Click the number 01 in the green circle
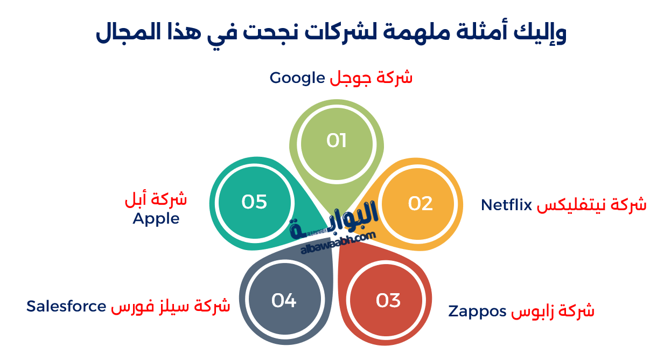point(336,141)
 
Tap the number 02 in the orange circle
point(421,203)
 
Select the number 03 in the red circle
point(388,300)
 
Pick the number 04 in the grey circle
point(284,300)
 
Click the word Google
point(296,78)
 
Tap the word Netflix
point(506,205)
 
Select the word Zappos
point(477,311)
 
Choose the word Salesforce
point(66,306)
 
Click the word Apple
point(156,218)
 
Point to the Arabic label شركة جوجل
point(371,78)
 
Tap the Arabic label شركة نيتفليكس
point(592,205)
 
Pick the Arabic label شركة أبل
point(156,199)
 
